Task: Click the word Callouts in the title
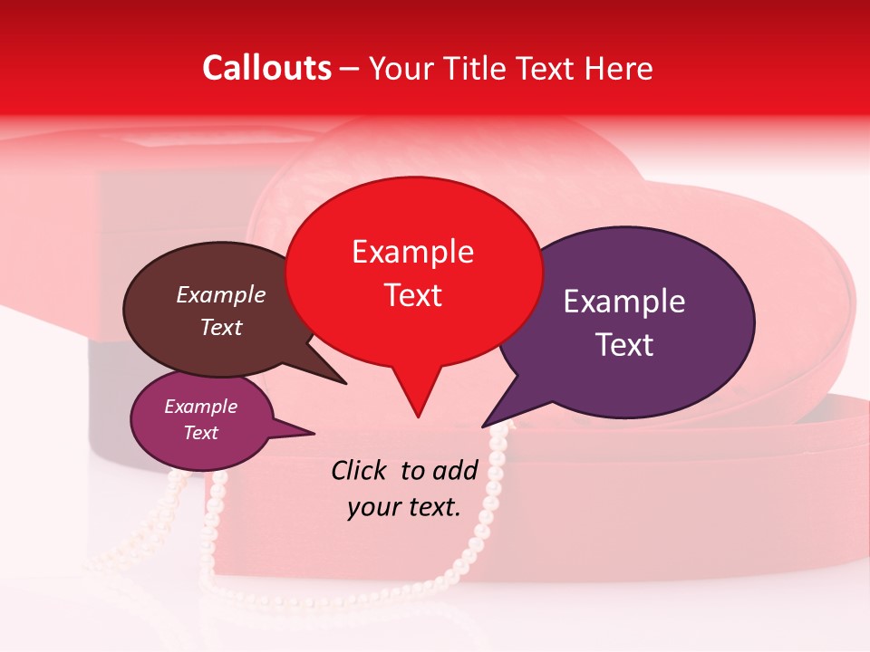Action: point(266,68)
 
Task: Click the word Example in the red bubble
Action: point(412,252)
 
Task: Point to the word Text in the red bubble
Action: point(412,295)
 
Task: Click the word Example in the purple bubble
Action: point(624,302)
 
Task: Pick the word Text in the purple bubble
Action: point(624,345)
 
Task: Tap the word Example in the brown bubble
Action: point(221,294)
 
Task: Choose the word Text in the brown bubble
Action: point(221,327)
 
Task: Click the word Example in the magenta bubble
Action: point(201,407)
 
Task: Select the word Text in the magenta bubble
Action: point(201,433)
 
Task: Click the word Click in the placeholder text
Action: point(360,470)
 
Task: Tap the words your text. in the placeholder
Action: point(403,507)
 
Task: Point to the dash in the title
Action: point(350,68)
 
